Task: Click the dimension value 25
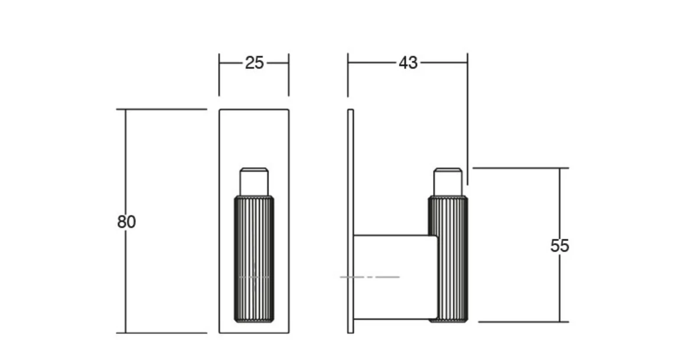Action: coord(254,63)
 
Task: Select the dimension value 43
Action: coord(407,63)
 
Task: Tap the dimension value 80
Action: coord(126,222)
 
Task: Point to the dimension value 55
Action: coord(559,246)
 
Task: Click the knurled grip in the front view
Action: coord(254,248)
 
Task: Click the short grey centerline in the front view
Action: coord(254,277)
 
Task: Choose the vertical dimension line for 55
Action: coord(560,201)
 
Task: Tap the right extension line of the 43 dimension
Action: coord(468,118)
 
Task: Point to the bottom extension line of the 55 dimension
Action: coord(523,322)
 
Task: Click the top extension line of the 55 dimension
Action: coord(520,168)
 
